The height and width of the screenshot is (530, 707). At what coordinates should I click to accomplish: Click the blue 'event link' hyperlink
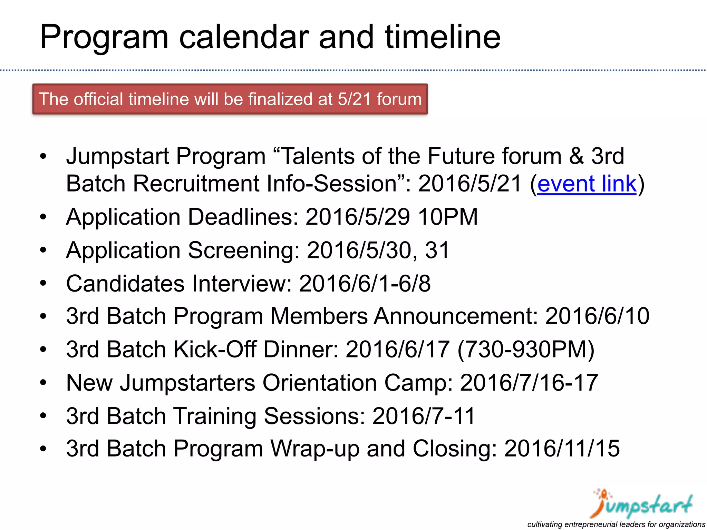click(x=587, y=184)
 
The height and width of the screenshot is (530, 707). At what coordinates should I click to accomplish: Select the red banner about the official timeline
click(x=230, y=99)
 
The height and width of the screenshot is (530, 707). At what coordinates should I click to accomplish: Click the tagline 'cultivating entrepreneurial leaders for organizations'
click(x=616, y=524)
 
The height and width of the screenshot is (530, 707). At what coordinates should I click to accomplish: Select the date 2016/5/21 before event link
click(x=469, y=184)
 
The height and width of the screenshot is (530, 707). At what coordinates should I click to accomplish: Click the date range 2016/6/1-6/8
click(x=365, y=284)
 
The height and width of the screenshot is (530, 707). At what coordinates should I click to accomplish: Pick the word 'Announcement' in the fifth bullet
click(x=456, y=316)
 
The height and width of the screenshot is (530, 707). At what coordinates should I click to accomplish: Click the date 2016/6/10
click(x=597, y=316)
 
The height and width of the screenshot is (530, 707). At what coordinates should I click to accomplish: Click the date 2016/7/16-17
click(x=529, y=383)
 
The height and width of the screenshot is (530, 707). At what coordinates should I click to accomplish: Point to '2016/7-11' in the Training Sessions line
click(x=424, y=416)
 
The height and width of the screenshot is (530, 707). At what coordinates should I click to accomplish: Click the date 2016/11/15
click(x=562, y=449)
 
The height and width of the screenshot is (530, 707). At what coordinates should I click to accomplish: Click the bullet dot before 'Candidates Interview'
click(x=43, y=284)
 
